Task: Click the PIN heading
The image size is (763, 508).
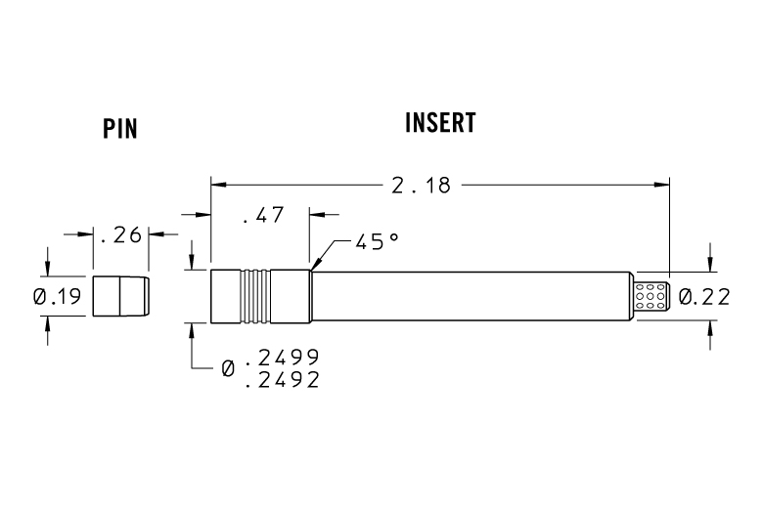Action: tap(119, 129)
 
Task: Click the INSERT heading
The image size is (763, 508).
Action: tap(440, 123)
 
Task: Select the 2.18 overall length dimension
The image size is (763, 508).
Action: tap(421, 184)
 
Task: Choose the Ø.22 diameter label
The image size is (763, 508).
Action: tap(704, 296)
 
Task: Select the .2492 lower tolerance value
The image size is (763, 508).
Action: tap(282, 380)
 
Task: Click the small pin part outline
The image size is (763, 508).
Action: tap(120, 296)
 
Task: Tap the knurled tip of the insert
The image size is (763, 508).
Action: tap(652, 296)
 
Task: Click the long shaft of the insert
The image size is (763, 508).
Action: tap(470, 296)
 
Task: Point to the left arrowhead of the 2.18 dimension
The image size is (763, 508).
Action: tap(218, 184)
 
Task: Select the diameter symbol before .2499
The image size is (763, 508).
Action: tap(228, 368)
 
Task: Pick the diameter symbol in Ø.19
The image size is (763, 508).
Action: tap(39, 296)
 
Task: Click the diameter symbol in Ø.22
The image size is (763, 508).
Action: tap(686, 296)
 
